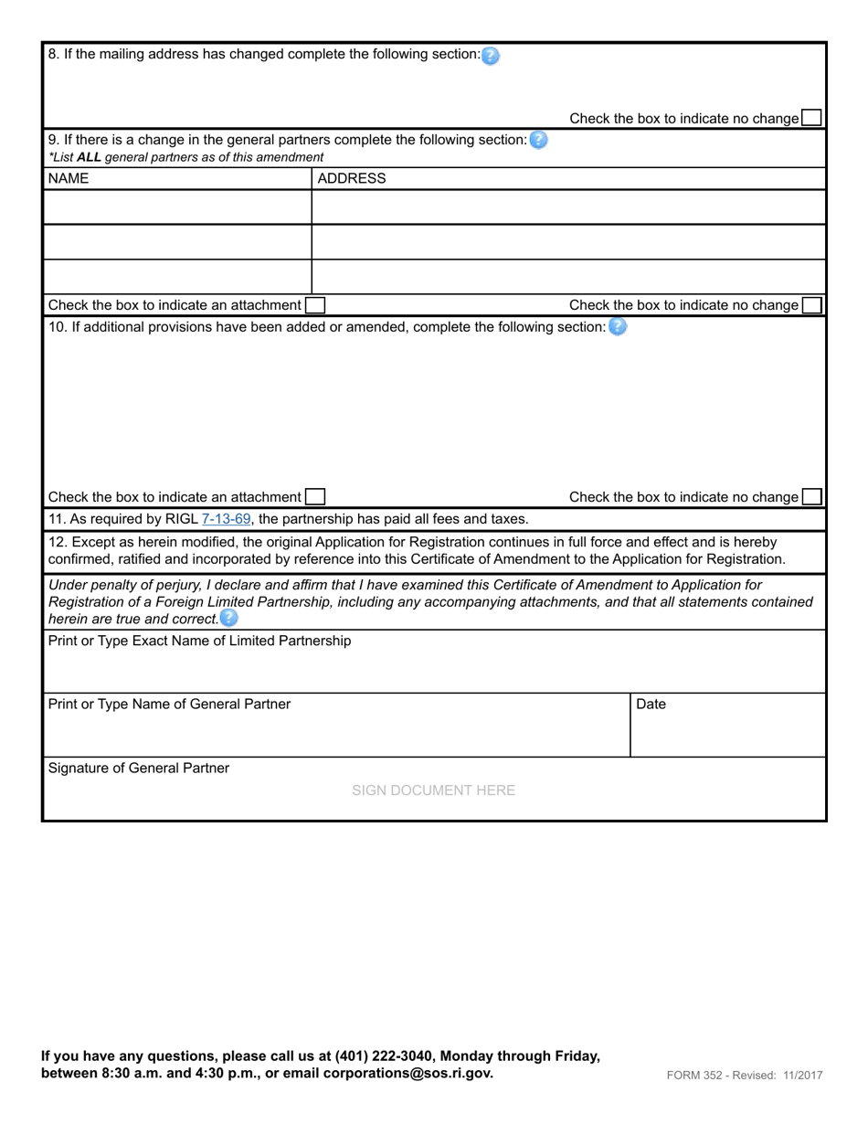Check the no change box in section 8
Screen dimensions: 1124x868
coord(810,118)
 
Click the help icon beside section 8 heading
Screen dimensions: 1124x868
coord(491,56)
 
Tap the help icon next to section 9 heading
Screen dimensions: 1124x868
coord(538,141)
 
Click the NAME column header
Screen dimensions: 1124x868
coord(69,179)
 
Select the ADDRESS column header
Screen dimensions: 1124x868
coord(352,179)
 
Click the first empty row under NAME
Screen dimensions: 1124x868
coord(178,207)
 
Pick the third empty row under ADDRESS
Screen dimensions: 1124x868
coord(567,277)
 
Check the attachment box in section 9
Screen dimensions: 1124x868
coord(314,305)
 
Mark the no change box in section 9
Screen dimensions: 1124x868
coord(810,305)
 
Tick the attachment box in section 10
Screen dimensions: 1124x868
coord(314,497)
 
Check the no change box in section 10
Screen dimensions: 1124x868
coord(810,497)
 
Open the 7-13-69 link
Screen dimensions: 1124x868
coord(226,519)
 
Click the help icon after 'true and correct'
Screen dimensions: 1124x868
coord(228,619)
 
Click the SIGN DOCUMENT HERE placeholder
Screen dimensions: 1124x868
coord(433,790)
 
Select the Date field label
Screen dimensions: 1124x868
coord(651,705)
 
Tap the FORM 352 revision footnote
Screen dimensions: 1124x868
coord(744,1076)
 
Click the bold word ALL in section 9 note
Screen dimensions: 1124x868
coord(90,157)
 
